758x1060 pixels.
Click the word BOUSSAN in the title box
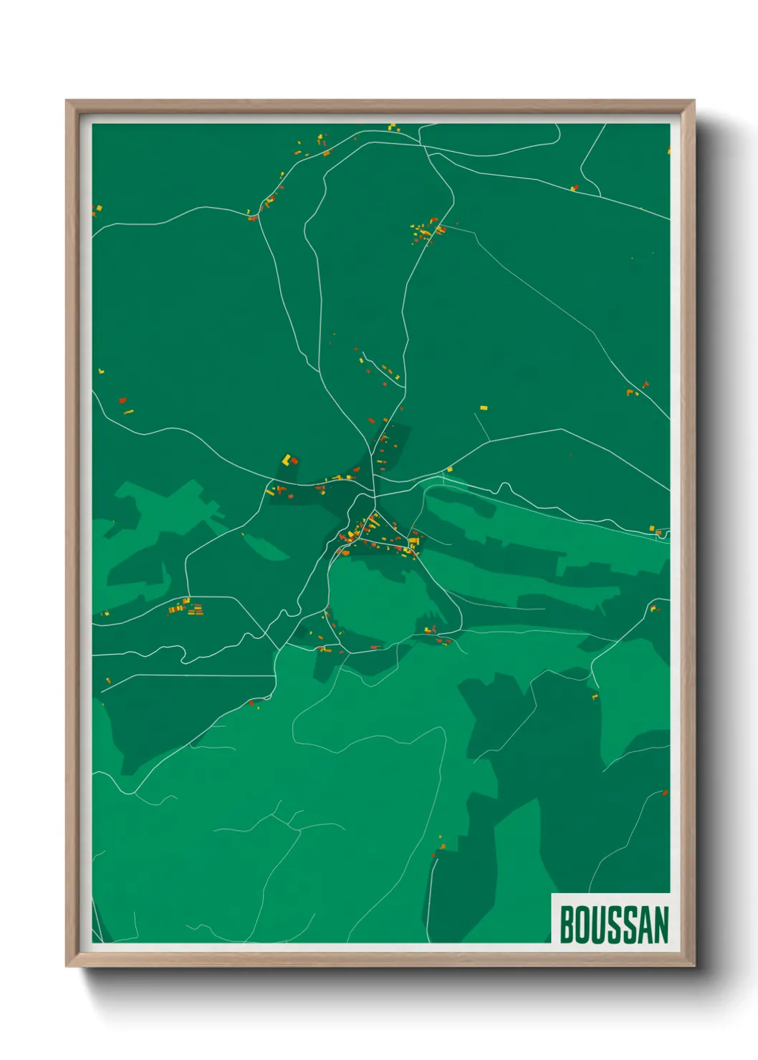(x=614, y=925)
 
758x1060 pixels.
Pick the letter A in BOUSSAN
(x=644, y=925)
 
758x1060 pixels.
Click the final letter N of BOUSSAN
(x=661, y=925)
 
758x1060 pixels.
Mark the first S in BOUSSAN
(x=614, y=925)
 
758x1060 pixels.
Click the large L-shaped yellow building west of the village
(x=287, y=459)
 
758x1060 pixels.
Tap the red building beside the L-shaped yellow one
(x=294, y=461)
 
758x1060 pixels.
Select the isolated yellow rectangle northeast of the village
(x=484, y=408)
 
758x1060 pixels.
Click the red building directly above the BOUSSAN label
(x=665, y=793)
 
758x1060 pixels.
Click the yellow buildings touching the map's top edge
(x=393, y=127)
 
